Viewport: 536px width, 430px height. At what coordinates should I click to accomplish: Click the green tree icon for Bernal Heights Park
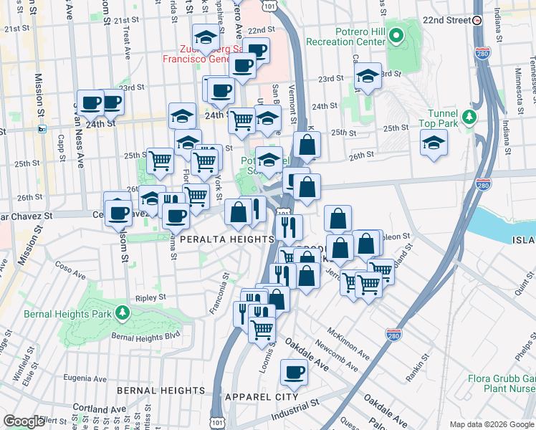coord(123,312)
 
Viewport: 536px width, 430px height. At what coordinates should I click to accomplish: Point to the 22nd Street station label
coord(447,20)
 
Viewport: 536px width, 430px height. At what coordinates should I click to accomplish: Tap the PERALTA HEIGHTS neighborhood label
coord(227,239)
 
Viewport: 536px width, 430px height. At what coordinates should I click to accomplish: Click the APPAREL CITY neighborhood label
coord(262,396)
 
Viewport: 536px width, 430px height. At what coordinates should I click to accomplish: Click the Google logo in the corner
coord(24,421)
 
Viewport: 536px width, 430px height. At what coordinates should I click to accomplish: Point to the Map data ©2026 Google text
coord(492,424)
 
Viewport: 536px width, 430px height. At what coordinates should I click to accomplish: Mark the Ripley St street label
coord(151,296)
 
